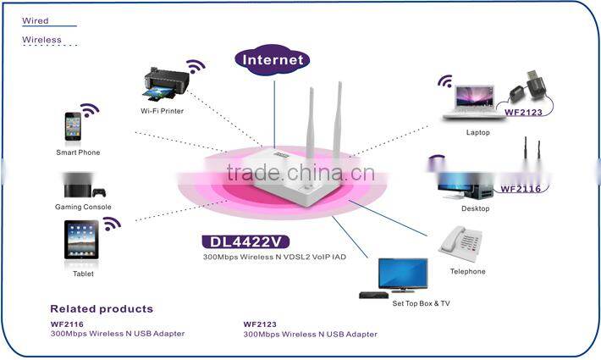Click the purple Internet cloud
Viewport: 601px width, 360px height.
(273, 59)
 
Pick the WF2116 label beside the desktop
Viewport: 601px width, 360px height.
(520, 189)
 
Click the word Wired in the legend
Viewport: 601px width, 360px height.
(35, 19)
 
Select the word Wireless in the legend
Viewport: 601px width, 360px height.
(41, 39)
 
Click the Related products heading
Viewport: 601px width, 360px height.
(102, 309)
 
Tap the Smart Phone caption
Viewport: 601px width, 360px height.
(77, 152)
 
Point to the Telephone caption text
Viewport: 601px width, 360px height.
(467, 272)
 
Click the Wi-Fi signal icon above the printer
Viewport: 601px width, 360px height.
(196, 66)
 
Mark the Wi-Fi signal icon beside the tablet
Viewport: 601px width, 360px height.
(112, 224)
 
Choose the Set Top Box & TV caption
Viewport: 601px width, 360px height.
(421, 302)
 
